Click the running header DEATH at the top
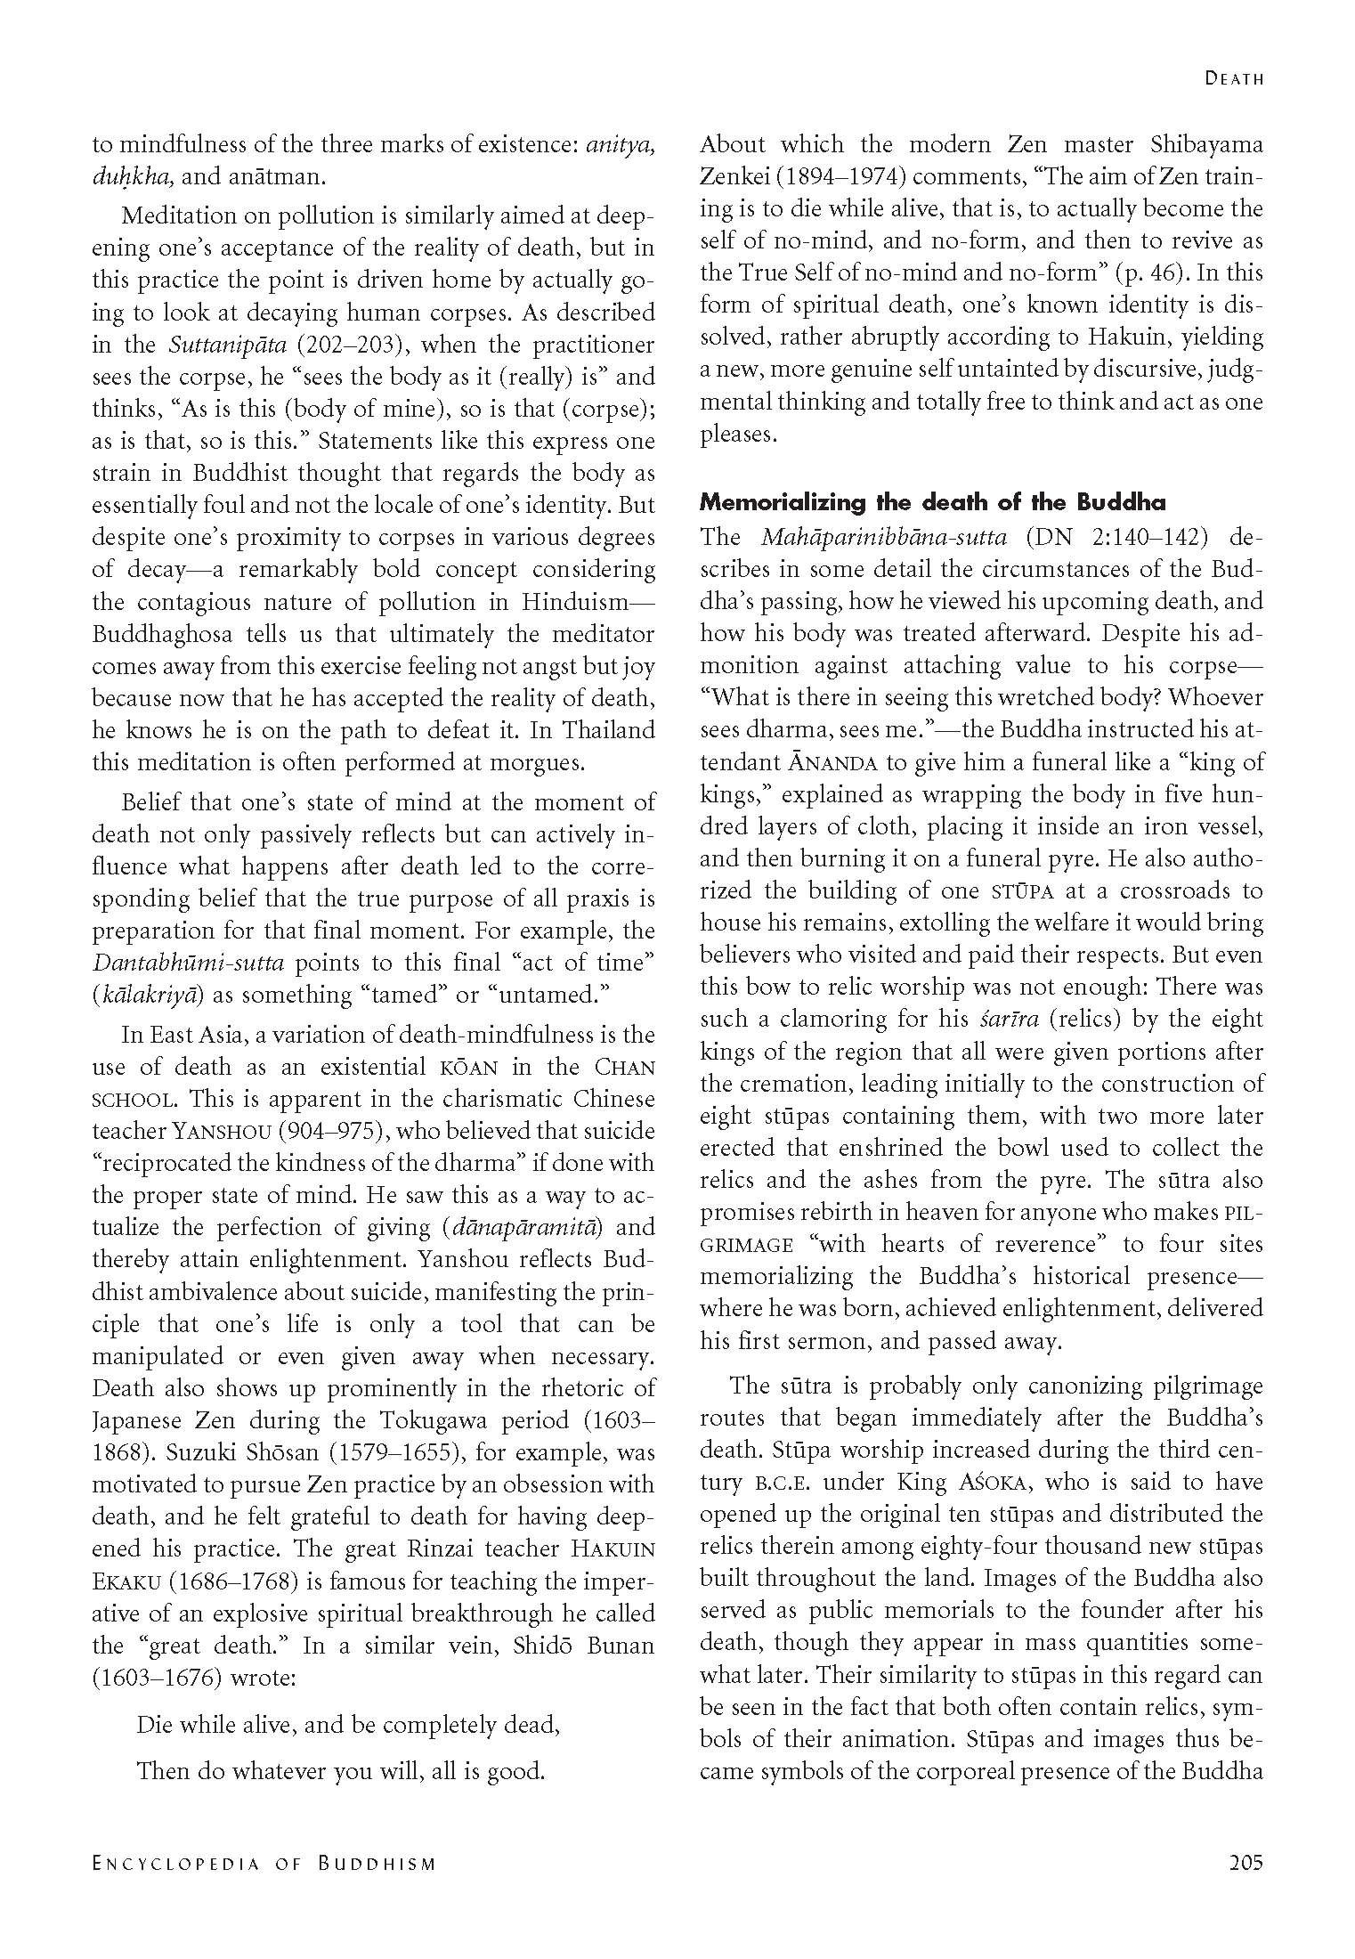(x=1234, y=78)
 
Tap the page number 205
(x=1245, y=1862)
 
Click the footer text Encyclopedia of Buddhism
(x=264, y=1863)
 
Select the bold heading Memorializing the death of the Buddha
(x=932, y=502)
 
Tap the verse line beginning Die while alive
(x=348, y=1725)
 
